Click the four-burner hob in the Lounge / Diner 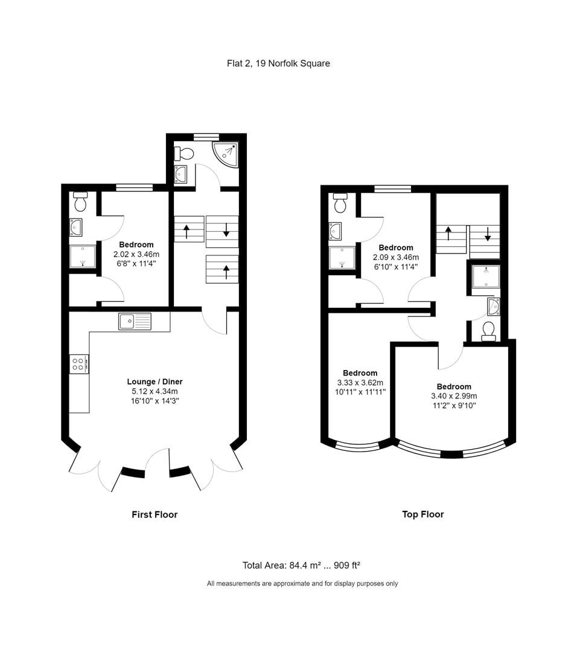79,363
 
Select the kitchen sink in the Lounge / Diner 135,322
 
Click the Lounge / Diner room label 155,382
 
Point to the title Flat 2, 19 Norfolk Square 278,63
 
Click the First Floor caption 155,514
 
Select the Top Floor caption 422,514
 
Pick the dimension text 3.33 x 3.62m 360,383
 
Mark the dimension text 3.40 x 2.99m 454,396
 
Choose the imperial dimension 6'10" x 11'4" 396,267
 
